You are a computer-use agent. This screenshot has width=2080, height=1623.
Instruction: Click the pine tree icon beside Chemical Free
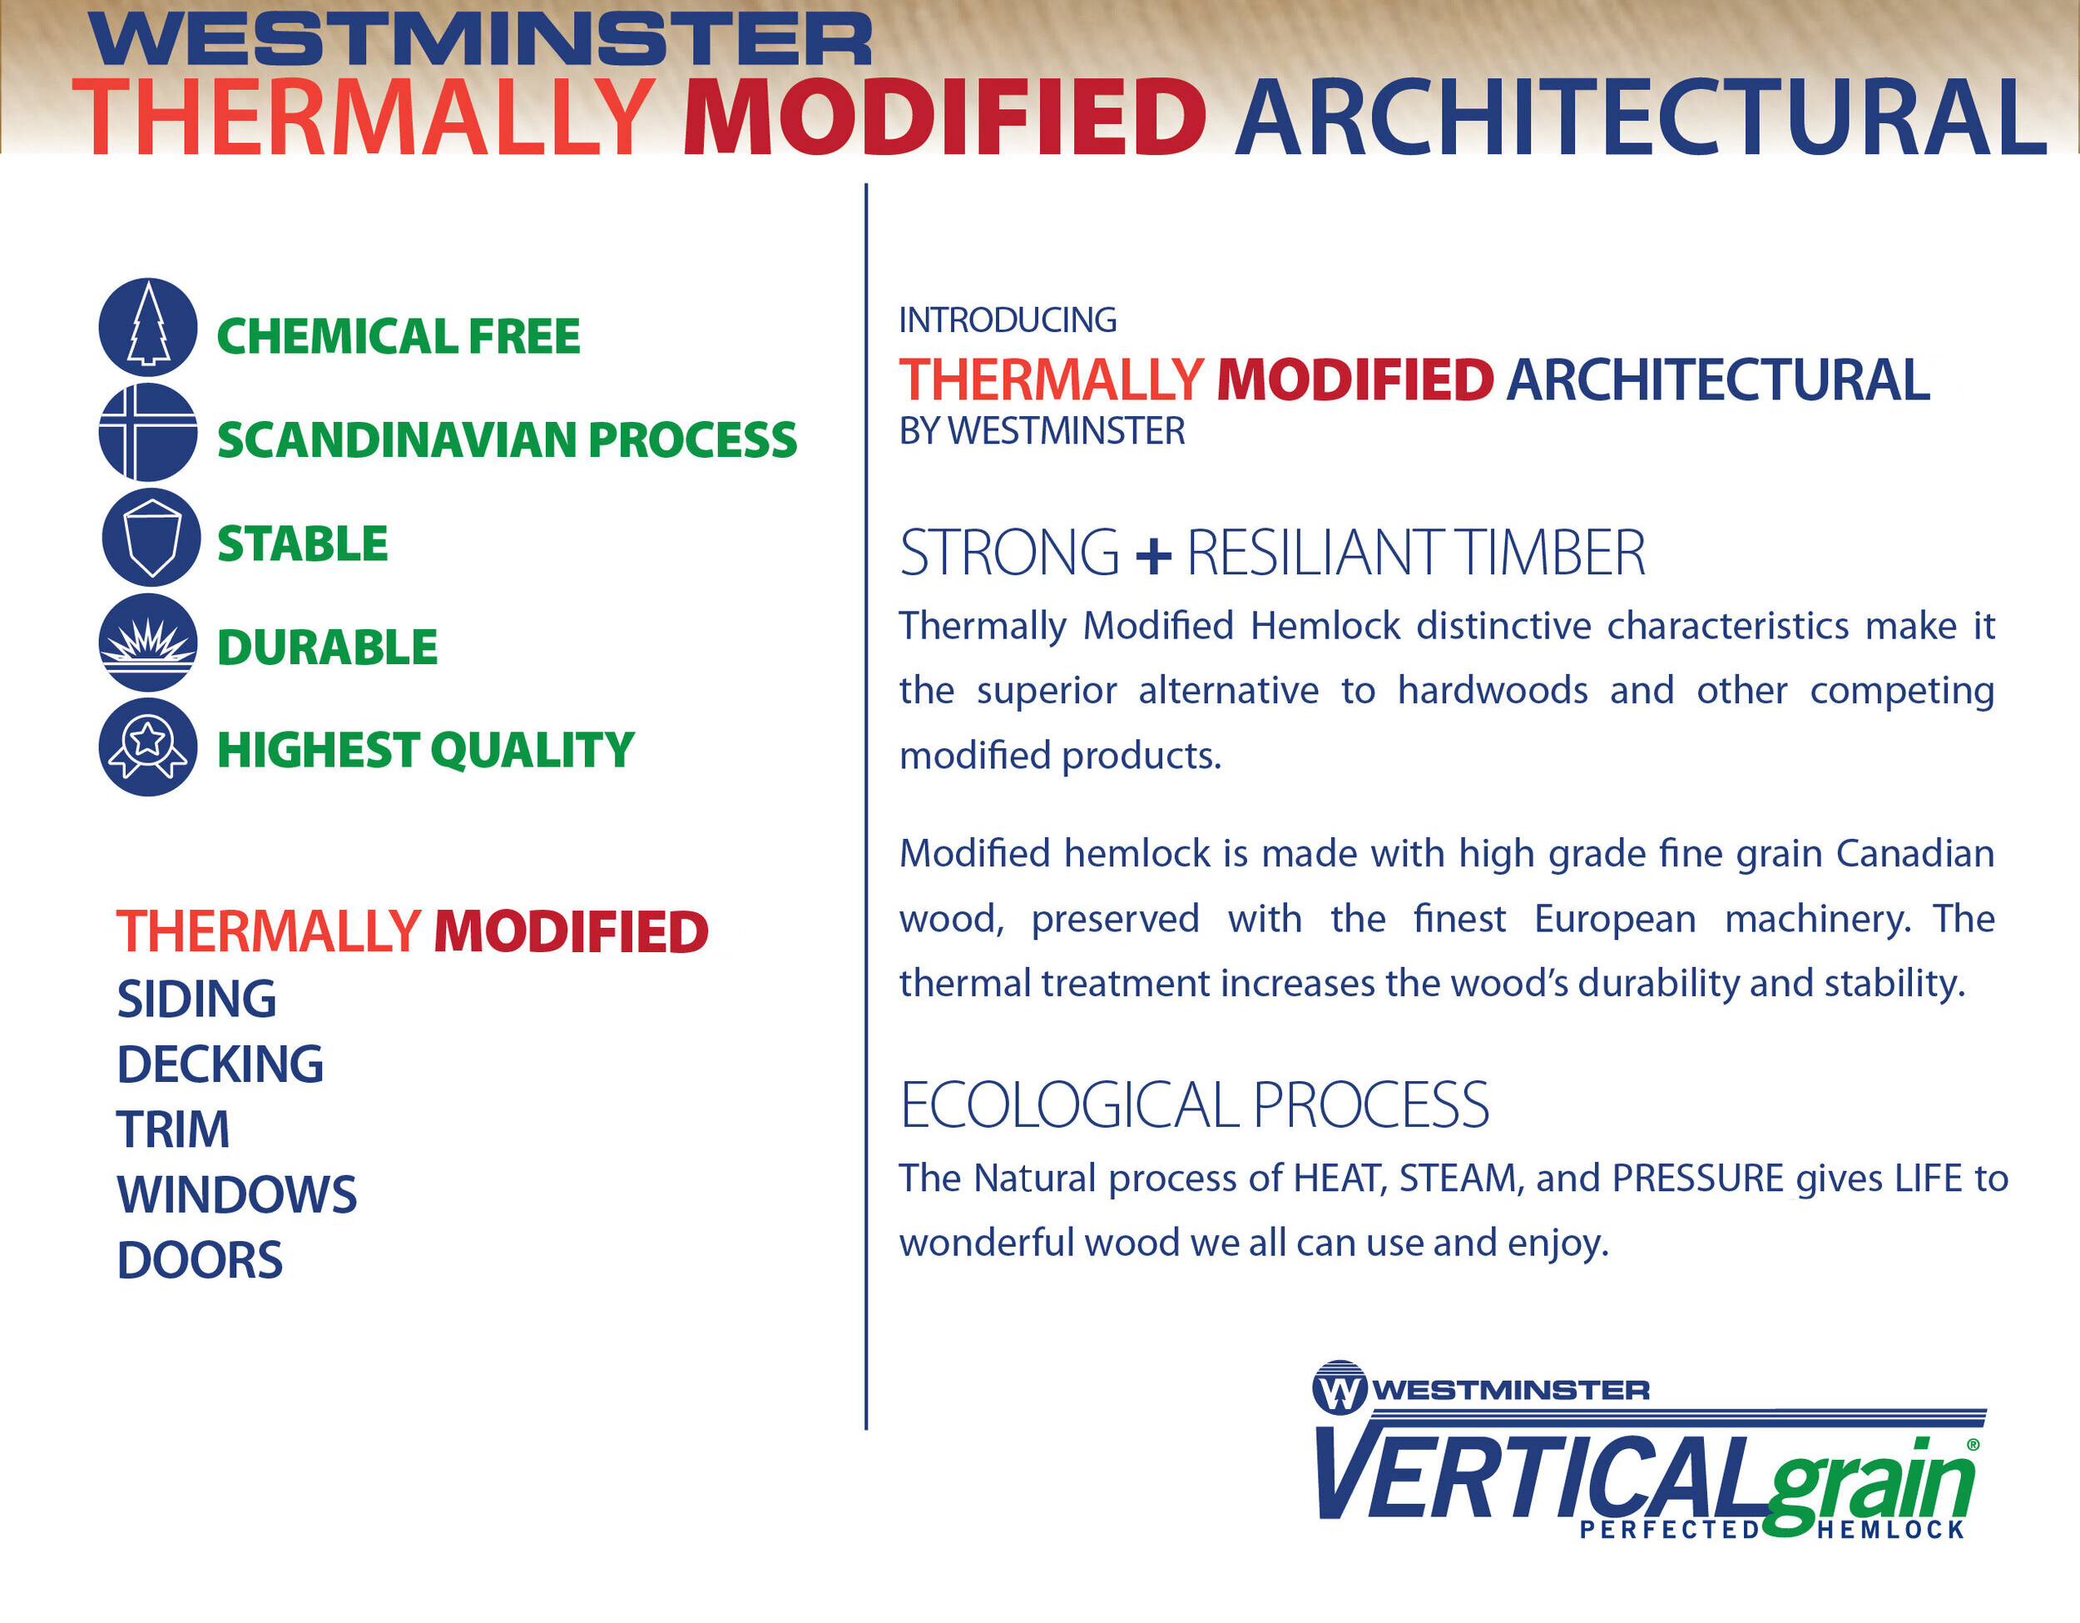(147, 327)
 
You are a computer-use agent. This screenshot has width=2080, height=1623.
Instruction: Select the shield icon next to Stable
(151, 536)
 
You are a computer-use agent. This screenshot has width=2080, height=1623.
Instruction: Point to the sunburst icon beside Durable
(147, 642)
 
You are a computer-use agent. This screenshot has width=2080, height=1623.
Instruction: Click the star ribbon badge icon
(147, 747)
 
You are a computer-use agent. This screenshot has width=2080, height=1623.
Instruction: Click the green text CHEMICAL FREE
(398, 336)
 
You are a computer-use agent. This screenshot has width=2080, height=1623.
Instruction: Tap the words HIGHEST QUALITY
(425, 750)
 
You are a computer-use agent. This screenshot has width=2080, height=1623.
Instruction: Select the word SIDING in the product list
(196, 999)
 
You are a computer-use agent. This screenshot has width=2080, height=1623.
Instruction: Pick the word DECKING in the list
(220, 1064)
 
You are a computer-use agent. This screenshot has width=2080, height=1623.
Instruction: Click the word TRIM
(172, 1129)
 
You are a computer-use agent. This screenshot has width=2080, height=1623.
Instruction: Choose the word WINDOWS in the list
(236, 1194)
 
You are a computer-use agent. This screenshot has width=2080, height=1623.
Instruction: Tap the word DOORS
(199, 1260)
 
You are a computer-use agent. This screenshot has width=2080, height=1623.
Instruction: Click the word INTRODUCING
(1007, 320)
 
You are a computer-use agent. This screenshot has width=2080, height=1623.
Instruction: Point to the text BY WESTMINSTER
(1041, 431)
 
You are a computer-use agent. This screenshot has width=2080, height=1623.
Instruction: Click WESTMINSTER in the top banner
(481, 40)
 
